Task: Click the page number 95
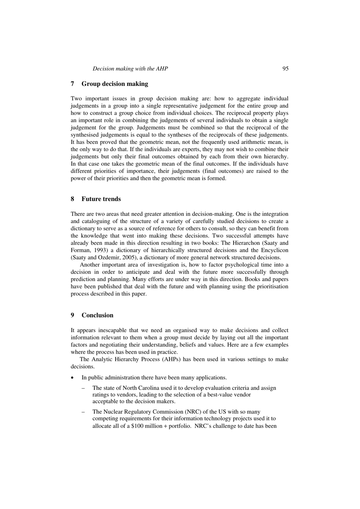(285, 69)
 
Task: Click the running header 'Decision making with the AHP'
(130, 69)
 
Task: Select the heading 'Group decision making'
(114, 84)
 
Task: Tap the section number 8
(72, 199)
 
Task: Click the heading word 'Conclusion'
(97, 315)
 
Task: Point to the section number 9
(72, 315)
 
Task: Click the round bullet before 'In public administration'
(72, 378)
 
